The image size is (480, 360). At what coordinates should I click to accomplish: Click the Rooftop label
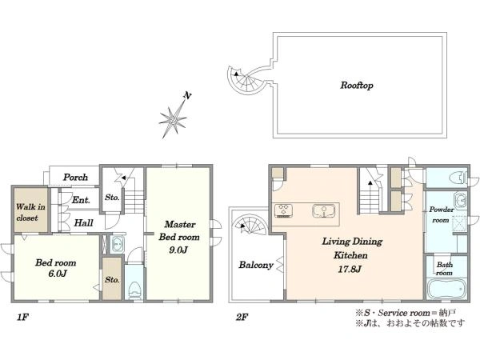357,85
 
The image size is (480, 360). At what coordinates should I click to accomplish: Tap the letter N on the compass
187,95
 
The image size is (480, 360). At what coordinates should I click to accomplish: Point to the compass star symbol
173,119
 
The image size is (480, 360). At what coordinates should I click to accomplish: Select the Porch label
75,178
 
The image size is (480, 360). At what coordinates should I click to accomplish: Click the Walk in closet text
30,213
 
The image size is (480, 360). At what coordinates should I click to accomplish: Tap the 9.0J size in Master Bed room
178,250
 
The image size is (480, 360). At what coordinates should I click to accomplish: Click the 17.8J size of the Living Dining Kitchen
350,269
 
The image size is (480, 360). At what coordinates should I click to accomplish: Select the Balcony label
256,265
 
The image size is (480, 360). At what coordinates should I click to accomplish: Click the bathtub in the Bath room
446,289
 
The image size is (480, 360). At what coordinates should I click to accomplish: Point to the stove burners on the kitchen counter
284,210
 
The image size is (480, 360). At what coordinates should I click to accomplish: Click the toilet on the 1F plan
134,290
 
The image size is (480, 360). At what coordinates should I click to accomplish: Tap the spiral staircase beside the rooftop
247,80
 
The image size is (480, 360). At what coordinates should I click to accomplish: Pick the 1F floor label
23,317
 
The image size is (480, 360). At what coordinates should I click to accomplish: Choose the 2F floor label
242,317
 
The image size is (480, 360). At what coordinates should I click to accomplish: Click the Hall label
83,223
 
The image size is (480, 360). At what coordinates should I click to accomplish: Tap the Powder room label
442,215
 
